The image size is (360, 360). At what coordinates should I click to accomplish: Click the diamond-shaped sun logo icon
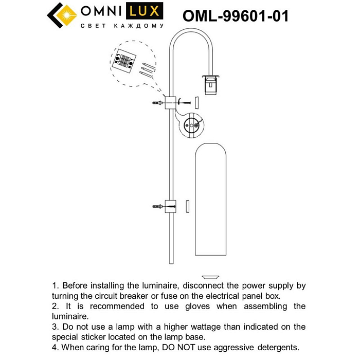[x=62, y=15]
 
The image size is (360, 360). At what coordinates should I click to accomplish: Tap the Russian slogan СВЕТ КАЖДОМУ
[x=122, y=26]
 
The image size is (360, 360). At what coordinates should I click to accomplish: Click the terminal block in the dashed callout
[x=125, y=61]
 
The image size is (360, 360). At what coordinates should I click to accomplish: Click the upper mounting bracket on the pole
[x=170, y=103]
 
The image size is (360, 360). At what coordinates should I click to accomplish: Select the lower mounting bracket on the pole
[x=170, y=206]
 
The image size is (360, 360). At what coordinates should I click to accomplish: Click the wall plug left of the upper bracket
[x=157, y=103]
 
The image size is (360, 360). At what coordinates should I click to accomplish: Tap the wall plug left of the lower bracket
[x=157, y=206]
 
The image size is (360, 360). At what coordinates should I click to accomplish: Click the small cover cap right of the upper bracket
[x=197, y=102]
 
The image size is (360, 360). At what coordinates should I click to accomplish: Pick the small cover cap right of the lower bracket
[x=188, y=206]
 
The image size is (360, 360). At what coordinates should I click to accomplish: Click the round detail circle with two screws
[x=191, y=125]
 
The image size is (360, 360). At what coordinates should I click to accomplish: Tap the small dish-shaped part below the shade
[x=209, y=276]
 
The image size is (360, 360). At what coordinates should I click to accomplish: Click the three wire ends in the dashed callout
[x=147, y=68]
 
